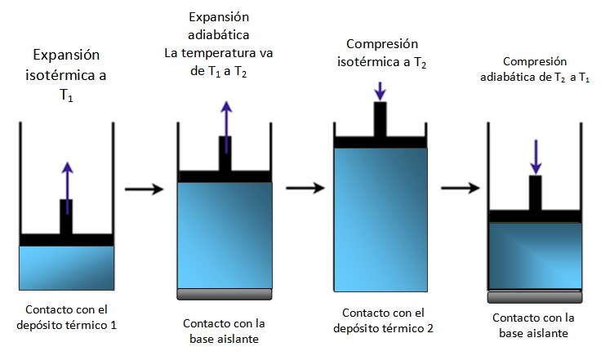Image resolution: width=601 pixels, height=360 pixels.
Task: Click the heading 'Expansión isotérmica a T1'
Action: click(67, 74)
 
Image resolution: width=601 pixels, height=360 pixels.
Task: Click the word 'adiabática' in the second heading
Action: click(218, 35)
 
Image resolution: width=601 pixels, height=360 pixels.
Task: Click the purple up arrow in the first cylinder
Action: click(67, 179)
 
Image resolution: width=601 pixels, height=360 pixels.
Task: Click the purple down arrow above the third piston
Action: click(381, 91)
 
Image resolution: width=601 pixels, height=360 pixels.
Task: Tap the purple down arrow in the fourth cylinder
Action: click(535, 156)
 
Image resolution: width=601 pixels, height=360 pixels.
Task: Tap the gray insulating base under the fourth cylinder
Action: click(535, 296)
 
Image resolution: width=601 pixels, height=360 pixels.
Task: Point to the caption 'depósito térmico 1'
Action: click(66, 325)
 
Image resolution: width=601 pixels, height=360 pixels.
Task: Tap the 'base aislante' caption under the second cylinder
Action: click(225, 339)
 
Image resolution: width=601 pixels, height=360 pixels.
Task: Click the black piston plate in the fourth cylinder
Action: click(535, 216)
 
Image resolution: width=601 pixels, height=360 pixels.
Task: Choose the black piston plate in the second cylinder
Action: click(225, 176)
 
